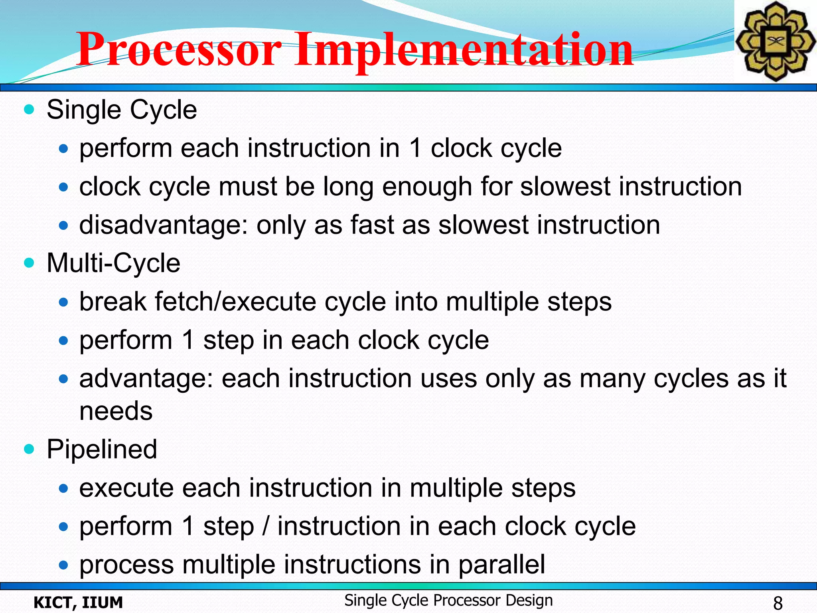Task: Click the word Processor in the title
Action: [180, 50]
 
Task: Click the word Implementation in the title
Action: [465, 50]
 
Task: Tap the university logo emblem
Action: [775, 41]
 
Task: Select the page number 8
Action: [778, 603]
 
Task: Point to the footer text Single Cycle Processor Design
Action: [448, 600]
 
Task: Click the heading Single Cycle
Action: [122, 110]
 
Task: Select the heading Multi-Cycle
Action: [113, 263]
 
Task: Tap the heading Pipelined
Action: [102, 449]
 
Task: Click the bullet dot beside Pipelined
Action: [29, 449]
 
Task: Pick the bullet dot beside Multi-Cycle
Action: [29, 263]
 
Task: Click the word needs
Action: [116, 411]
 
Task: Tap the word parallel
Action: [501, 564]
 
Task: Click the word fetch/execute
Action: [235, 301]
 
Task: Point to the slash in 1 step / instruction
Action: [266, 526]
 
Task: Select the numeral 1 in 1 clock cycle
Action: [415, 148]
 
